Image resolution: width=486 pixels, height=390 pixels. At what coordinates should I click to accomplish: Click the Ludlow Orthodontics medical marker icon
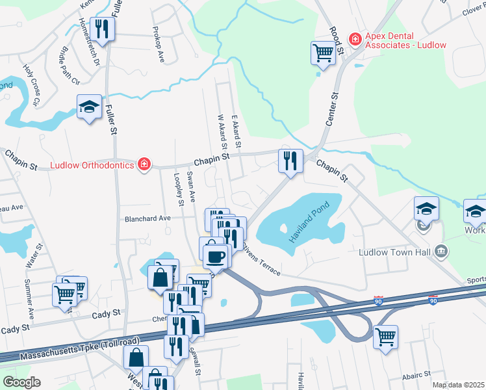point(144,164)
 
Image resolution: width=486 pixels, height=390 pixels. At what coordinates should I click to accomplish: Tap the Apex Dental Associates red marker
point(355,40)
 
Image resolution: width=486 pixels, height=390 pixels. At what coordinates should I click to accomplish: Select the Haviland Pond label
point(311,222)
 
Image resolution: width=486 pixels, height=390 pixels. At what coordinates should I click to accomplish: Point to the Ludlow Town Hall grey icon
point(441,251)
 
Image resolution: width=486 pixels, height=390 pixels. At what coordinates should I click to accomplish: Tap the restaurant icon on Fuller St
point(102,29)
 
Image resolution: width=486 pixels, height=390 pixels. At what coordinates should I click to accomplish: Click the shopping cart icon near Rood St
point(323,53)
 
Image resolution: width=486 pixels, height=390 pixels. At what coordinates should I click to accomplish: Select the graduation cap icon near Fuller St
point(89,107)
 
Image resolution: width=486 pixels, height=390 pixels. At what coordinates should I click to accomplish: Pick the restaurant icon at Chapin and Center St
point(290,160)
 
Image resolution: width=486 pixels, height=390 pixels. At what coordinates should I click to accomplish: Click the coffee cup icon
point(216,255)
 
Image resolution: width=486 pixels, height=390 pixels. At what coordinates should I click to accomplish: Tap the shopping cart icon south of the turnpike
point(385,337)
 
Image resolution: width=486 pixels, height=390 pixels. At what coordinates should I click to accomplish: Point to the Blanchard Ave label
point(147,218)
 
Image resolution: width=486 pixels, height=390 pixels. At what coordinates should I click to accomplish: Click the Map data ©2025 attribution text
point(458,385)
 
